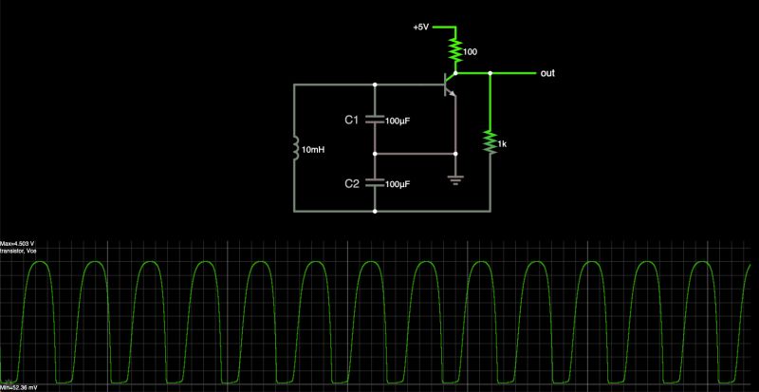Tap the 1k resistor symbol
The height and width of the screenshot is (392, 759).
(x=490, y=141)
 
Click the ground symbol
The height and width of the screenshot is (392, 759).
(x=455, y=178)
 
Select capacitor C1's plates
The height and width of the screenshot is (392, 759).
(x=376, y=120)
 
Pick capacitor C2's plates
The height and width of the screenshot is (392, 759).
(x=376, y=182)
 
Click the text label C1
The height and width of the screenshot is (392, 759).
(x=351, y=120)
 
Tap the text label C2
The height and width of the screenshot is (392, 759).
(x=351, y=182)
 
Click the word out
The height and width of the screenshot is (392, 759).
(x=547, y=73)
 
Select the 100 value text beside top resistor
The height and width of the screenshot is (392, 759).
(x=470, y=49)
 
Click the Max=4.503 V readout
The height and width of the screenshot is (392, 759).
(x=24, y=243)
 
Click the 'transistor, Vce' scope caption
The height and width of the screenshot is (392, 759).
(x=25, y=252)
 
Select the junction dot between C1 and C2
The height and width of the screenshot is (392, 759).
(x=376, y=152)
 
